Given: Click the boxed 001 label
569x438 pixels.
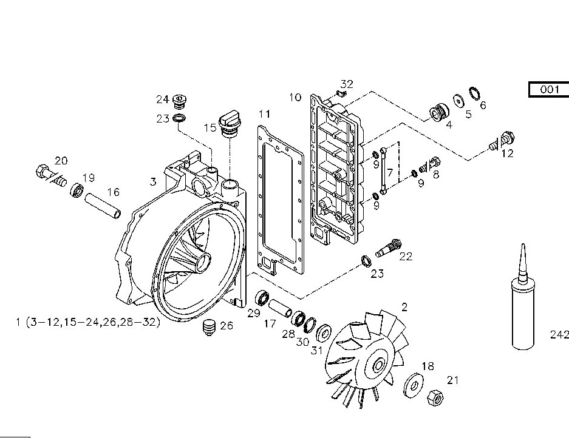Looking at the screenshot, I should pyautogui.click(x=548, y=89).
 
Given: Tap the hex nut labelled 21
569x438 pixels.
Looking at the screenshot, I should pyautogui.click(x=435, y=399).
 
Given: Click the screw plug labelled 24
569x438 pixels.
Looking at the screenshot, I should pyautogui.click(x=179, y=100).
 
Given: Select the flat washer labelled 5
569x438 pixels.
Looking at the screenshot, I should pyautogui.click(x=456, y=100).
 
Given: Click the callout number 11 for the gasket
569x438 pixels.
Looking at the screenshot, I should pyautogui.click(x=264, y=114).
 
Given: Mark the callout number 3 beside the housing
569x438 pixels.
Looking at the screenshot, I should pyautogui.click(x=154, y=181).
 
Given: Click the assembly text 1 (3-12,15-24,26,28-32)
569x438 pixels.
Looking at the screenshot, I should pyautogui.click(x=88, y=322).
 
